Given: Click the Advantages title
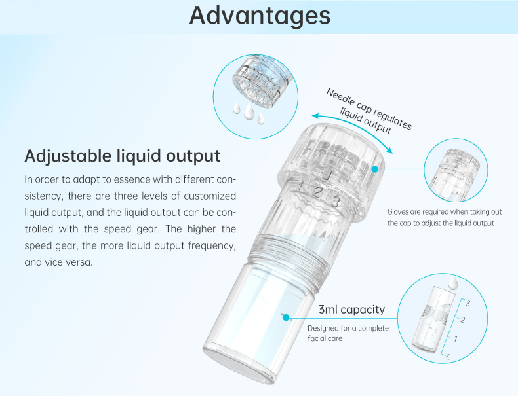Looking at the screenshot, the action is [x=260, y=16].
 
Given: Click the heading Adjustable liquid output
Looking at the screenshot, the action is [x=122, y=156].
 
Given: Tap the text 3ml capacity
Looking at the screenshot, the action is [x=351, y=310].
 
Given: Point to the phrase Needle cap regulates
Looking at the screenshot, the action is [x=369, y=109].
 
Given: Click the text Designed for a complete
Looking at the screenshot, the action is [x=348, y=328].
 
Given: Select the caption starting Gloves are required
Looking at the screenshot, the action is [x=445, y=217].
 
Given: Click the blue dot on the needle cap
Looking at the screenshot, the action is [x=374, y=169].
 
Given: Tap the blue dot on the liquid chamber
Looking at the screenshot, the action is [x=286, y=317].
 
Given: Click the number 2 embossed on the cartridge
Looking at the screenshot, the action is [x=318, y=192].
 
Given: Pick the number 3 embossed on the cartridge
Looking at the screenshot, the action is [x=335, y=201].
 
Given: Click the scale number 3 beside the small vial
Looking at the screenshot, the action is [x=468, y=303].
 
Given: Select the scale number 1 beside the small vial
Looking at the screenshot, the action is [x=456, y=338].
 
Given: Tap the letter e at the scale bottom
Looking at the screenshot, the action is [x=448, y=357].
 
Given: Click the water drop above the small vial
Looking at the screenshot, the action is [x=452, y=283].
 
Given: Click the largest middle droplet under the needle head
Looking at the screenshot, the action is [x=249, y=112].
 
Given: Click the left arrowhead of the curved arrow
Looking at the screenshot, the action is [x=316, y=116].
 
